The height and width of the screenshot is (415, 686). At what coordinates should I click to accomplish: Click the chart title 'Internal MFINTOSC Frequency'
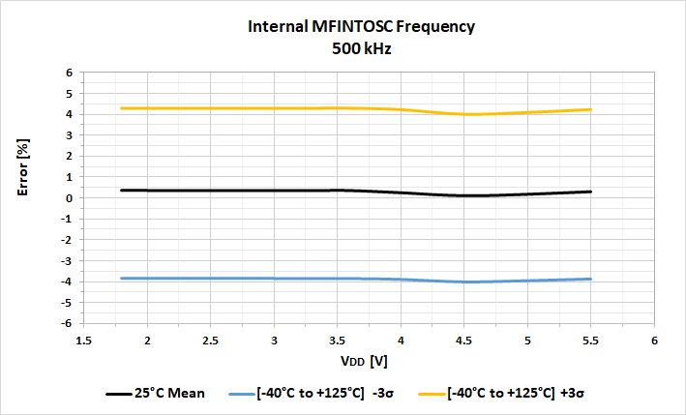343,29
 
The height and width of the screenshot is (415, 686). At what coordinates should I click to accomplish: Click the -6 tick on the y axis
68,323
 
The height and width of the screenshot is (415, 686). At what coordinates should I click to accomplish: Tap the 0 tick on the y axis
70,198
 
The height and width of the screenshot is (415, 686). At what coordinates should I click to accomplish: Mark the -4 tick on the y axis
68,282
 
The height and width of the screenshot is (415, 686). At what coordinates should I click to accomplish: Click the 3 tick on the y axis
70,135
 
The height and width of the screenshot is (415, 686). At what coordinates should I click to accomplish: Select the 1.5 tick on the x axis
84,341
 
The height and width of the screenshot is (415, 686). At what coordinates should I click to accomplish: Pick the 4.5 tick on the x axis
464,341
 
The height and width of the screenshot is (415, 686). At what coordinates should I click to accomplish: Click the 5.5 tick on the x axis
591,341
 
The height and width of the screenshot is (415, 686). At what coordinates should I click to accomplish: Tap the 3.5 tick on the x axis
338,341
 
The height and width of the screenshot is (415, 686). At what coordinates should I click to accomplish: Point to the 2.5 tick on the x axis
211,341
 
